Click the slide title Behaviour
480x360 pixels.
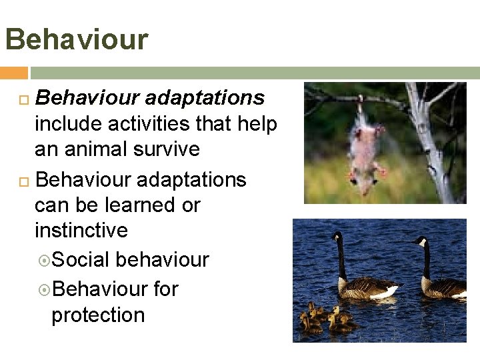pyautogui.click(x=76, y=39)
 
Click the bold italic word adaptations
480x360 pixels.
pyautogui.click(x=205, y=99)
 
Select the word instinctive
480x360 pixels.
pyautogui.click(x=81, y=230)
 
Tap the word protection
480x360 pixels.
pyautogui.click(x=98, y=314)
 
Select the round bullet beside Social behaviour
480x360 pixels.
pyautogui.click(x=43, y=260)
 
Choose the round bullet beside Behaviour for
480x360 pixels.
pyautogui.click(x=43, y=289)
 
